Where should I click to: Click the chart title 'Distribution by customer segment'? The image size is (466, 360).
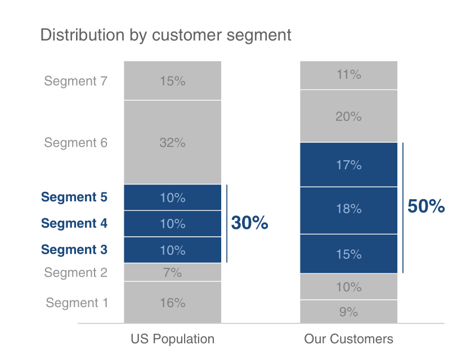click(165, 35)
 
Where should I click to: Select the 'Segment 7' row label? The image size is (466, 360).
click(75, 81)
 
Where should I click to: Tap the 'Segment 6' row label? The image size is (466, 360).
click(75, 143)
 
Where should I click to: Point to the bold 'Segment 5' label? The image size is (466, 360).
click(74, 197)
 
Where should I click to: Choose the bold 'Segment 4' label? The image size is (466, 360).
click(74, 223)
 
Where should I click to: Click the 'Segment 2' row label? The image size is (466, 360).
click(75, 273)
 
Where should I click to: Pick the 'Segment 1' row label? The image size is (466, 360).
click(77, 303)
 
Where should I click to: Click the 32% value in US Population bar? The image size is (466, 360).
click(172, 143)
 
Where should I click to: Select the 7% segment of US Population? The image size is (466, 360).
click(172, 273)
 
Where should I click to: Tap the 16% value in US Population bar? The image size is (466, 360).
click(172, 303)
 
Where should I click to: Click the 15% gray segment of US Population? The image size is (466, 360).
click(172, 81)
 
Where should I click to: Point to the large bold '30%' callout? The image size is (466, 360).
click(249, 223)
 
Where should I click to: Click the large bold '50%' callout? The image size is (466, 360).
click(426, 206)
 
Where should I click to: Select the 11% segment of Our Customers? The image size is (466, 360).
click(348, 75)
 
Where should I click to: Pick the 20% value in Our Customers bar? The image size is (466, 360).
click(348, 116)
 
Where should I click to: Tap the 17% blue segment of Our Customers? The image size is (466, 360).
click(348, 165)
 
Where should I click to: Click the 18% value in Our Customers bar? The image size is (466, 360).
click(348, 209)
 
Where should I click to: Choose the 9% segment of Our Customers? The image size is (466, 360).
click(348, 312)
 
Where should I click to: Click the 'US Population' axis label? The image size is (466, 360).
click(172, 339)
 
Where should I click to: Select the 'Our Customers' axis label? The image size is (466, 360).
click(348, 339)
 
